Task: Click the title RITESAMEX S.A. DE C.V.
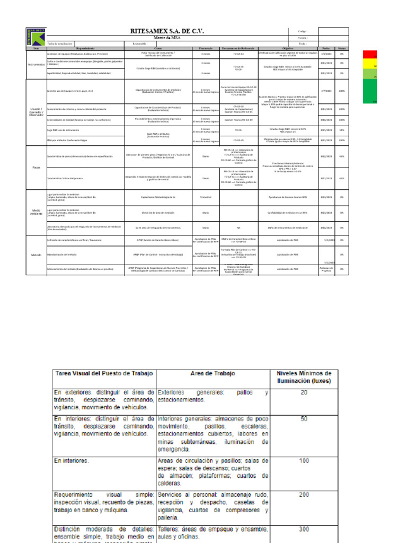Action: [167, 31]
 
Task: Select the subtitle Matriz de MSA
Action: [167, 38]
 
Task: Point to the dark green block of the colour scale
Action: [369, 92]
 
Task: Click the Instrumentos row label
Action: [36, 65]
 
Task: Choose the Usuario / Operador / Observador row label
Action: [36, 111]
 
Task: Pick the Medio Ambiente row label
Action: [36, 212]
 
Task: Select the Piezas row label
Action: [36, 167]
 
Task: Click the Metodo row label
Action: [36, 255]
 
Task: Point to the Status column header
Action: [342, 48]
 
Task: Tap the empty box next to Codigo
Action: [333, 31]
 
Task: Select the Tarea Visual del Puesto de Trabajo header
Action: [103, 373]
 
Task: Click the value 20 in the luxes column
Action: [304, 392]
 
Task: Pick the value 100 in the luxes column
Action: [304, 461]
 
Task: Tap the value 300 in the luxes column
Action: [304, 529]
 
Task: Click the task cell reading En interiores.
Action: [72, 461]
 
